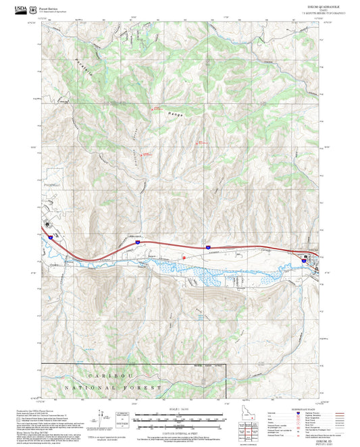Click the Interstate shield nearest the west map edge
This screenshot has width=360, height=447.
[x=51, y=238]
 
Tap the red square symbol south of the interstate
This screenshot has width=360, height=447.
[x=184, y=257]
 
